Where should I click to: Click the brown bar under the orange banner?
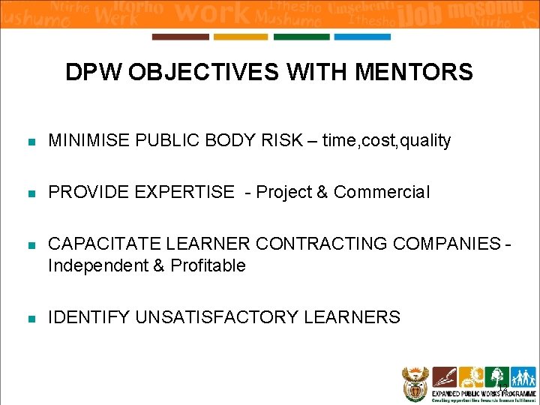click(x=180, y=37)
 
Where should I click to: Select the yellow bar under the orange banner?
click(x=240, y=37)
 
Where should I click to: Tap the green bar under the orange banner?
click(x=301, y=37)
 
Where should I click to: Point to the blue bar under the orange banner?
click(x=361, y=37)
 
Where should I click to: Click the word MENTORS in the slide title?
click(x=414, y=73)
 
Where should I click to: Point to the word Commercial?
click(x=382, y=192)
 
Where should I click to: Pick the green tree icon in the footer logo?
click(x=496, y=376)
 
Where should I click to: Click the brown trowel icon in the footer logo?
click(x=445, y=376)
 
